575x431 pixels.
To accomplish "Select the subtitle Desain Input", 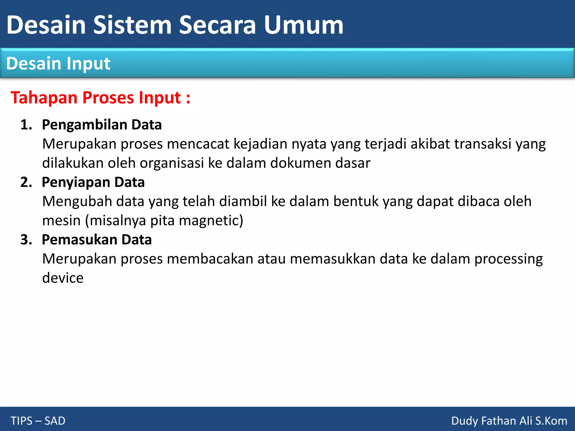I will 58,63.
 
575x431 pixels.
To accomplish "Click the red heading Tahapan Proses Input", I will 101,98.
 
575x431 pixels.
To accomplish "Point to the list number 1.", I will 26,125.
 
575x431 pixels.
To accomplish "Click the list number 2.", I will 26,182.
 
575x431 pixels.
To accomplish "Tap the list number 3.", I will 26,240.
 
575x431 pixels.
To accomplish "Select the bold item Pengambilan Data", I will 102,125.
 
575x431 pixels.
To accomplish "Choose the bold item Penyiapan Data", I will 93,182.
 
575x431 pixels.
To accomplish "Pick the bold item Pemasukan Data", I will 97,240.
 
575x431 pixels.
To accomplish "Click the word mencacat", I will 198,144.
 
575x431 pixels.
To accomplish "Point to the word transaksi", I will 483,144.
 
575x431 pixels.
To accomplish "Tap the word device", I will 63,278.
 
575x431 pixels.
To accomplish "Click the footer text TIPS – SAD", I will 38,421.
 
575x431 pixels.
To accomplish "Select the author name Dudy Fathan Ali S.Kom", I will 509,421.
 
